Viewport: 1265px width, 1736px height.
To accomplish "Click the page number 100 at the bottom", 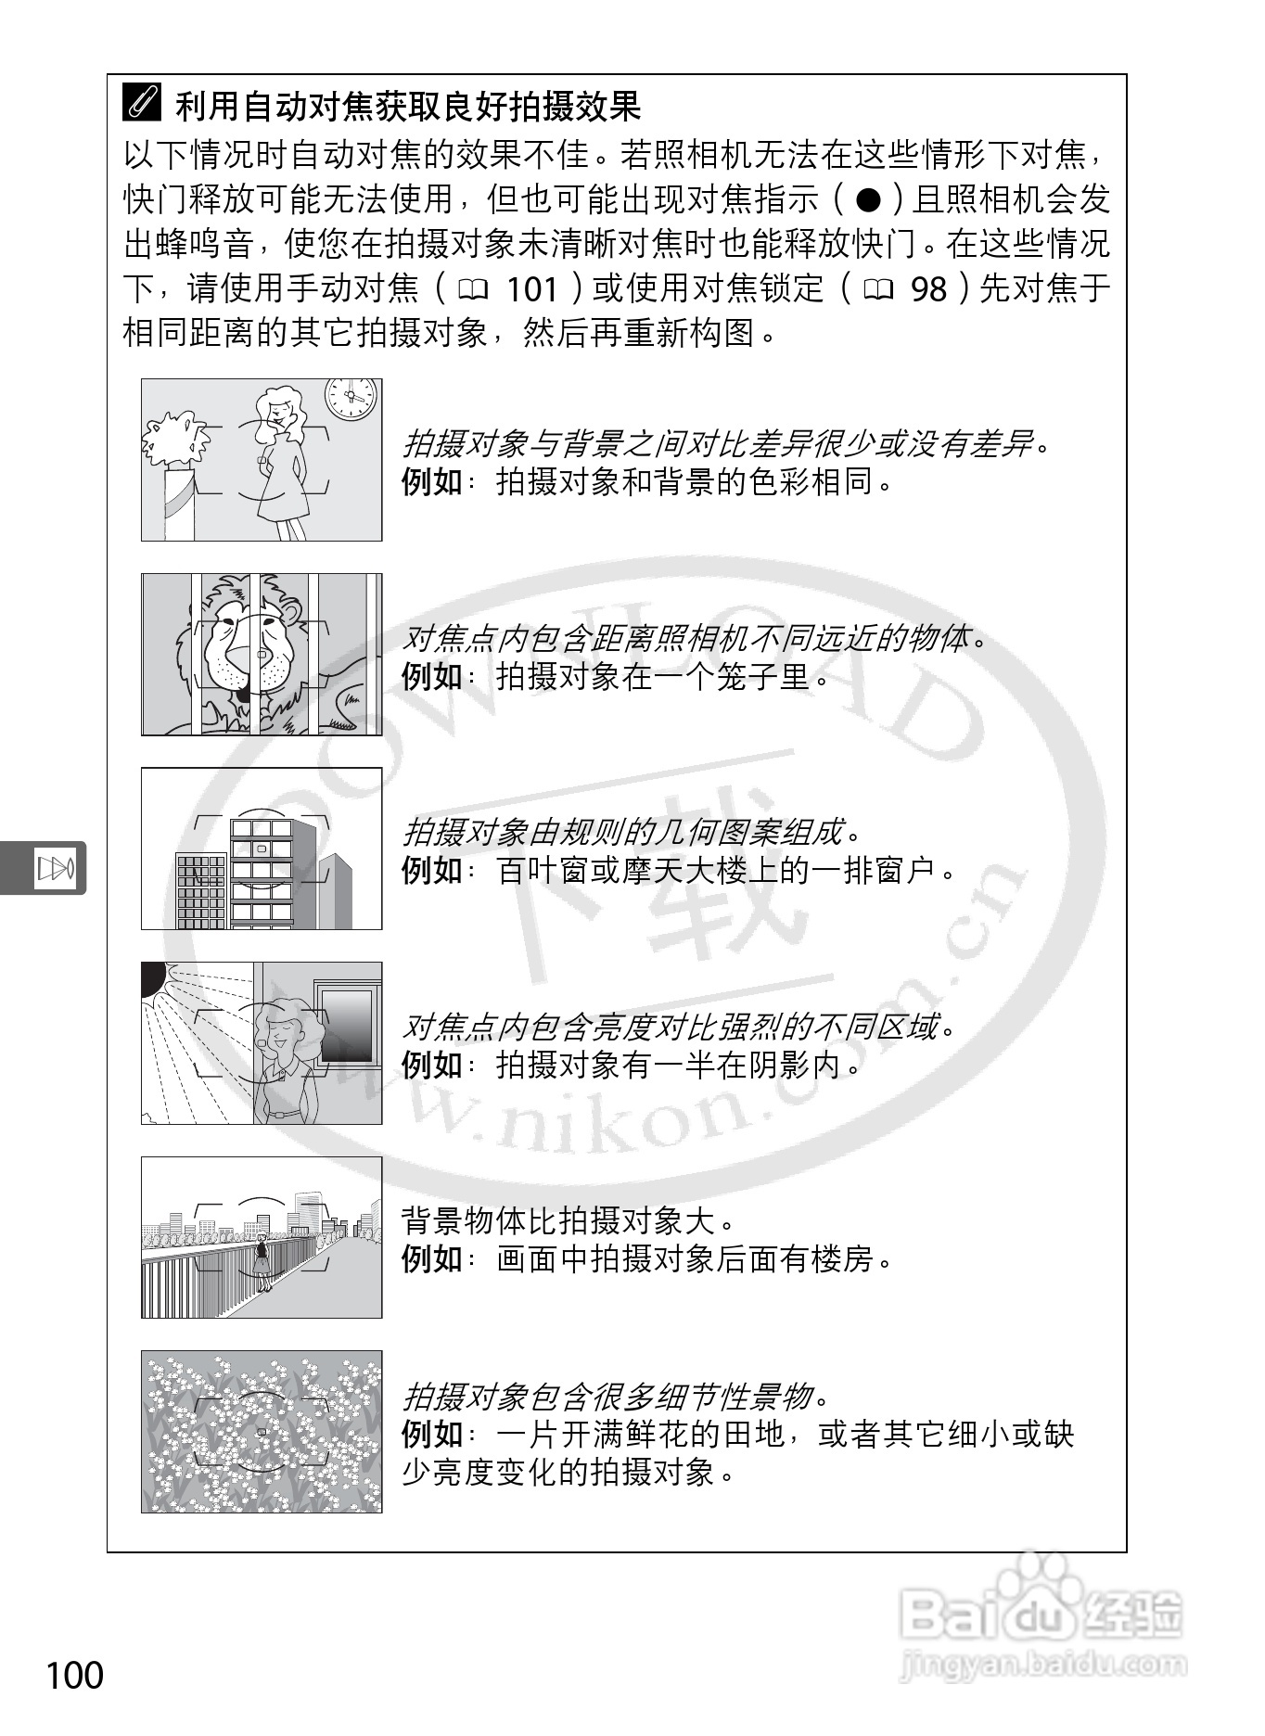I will (75, 1675).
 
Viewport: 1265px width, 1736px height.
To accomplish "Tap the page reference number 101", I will (532, 289).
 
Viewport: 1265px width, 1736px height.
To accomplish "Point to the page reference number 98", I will (928, 289).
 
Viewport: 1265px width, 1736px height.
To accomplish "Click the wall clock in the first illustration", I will (351, 399).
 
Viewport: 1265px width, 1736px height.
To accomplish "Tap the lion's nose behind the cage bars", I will (262, 656).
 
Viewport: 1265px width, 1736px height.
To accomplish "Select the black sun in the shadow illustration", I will (151, 979).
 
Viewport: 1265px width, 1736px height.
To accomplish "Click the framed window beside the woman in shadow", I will (347, 1024).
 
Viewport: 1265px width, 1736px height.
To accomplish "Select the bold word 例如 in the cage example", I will (432, 677).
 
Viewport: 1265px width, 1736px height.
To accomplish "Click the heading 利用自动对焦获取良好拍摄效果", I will (408, 106).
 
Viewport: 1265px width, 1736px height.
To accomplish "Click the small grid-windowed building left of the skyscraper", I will (201, 891).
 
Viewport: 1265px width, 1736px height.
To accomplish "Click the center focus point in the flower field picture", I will (262, 1432).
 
